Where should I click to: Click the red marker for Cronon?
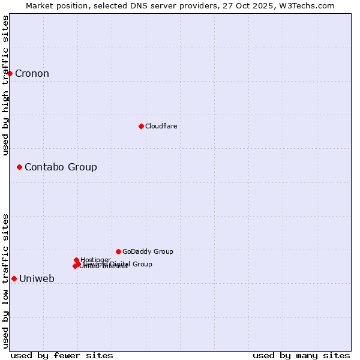click(10, 73)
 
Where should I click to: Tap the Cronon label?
click(32, 74)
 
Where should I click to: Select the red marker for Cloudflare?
click(141, 126)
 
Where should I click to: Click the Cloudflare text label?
click(161, 126)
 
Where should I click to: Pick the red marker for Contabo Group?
click(20, 167)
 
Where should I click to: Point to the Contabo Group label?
click(61, 167)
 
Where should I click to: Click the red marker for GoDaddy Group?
click(118, 251)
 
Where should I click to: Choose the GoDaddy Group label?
click(148, 251)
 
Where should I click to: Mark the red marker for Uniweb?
click(14, 278)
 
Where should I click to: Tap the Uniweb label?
click(37, 279)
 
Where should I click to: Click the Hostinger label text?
click(95, 260)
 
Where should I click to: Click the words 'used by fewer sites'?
click(62, 355)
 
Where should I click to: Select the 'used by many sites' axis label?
click(301, 355)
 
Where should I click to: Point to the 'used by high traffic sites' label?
click(5, 85)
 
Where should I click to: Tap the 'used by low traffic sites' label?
click(5, 281)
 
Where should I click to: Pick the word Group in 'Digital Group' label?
click(142, 264)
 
